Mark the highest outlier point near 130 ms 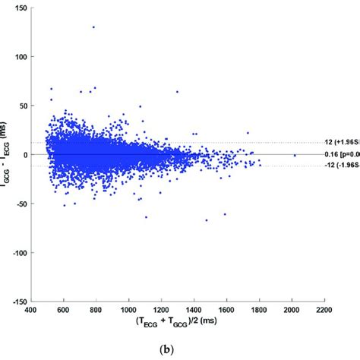[x=93, y=27]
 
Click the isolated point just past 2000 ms [x=295, y=155]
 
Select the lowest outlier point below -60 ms [x=206, y=220]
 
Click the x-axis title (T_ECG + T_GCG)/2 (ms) [x=178, y=322]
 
